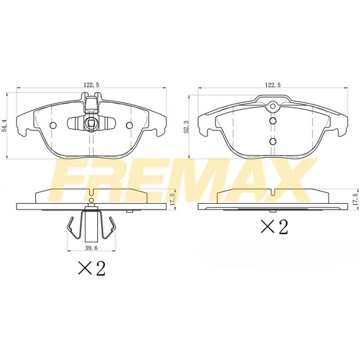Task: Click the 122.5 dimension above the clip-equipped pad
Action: pyautogui.click(x=91, y=85)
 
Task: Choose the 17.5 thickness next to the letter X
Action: pyautogui.click(x=354, y=199)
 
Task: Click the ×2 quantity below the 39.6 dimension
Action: pyautogui.click(x=91, y=267)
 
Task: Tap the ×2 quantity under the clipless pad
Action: pyautogui.click(x=274, y=226)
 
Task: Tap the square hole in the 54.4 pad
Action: pyautogui.click(x=91, y=123)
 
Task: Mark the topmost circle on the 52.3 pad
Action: pyautogui.click(x=273, y=107)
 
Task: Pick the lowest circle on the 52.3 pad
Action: pyautogui.click(x=273, y=141)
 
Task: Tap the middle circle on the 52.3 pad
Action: pyautogui.click(x=273, y=121)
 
